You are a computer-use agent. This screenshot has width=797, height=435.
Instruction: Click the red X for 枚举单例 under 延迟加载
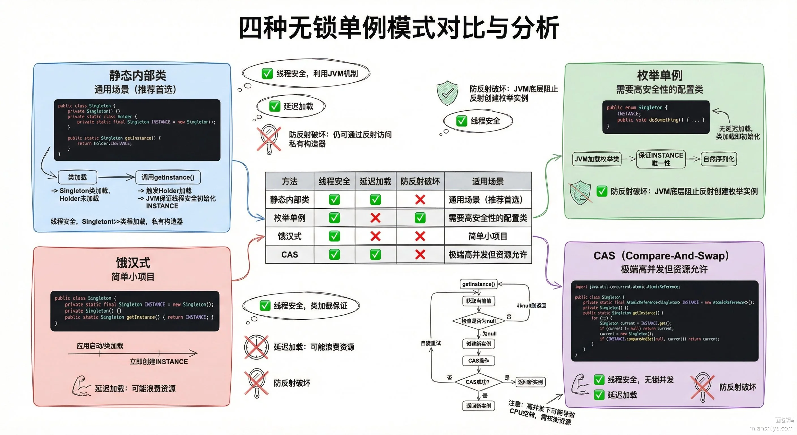pyautogui.click(x=375, y=218)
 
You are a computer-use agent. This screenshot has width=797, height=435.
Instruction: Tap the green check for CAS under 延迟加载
pyautogui.click(x=375, y=255)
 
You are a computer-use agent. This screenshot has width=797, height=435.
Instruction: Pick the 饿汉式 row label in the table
pyautogui.click(x=289, y=236)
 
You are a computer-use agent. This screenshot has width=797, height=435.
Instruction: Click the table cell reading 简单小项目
pyautogui.click(x=488, y=236)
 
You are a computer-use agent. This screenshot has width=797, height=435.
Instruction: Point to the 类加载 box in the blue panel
pyautogui.click(x=77, y=177)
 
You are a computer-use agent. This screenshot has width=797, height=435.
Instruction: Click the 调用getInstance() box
pyautogui.click(x=168, y=177)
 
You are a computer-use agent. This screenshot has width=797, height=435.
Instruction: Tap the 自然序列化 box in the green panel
pyautogui.click(x=718, y=159)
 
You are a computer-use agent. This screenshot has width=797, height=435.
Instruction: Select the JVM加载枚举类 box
pyautogui.click(x=597, y=159)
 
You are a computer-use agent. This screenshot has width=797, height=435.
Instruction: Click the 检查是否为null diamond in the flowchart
pyautogui.click(x=478, y=321)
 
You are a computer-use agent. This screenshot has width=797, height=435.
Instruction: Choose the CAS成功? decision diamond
pyautogui.click(x=478, y=382)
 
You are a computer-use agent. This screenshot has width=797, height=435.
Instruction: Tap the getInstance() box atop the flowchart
pyautogui.click(x=478, y=284)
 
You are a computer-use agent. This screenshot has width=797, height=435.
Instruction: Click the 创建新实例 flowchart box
pyautogui.click(x=478, y=344)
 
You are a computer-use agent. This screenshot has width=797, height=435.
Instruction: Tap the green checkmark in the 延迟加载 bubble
pyautogui.click(x=275, y=106)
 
